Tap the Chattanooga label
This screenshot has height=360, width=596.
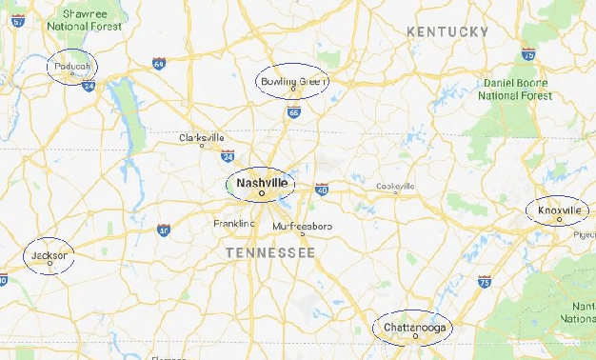point(413,327)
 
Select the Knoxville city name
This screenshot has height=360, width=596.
point(558,210)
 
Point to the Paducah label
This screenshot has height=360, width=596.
point(72,66)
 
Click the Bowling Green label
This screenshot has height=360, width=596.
point(293,82)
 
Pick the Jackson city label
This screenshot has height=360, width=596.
point(49,255)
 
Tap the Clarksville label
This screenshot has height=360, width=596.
point(202,137)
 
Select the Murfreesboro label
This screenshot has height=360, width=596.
point(302,226)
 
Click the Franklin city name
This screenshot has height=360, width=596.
point(233,223)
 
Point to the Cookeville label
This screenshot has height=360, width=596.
point(395,186)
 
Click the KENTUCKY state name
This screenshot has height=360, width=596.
point(447,31)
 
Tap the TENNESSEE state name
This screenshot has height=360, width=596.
point(270,252)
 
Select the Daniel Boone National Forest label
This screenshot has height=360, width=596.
point(515,90)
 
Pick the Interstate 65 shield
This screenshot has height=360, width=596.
point(293,112)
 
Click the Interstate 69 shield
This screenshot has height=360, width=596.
point(158,64)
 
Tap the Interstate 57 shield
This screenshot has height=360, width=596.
point(17,20)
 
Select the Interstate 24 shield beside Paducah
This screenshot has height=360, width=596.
point(89,86)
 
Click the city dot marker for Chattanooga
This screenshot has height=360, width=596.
point(415,336)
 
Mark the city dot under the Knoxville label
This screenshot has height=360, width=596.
point(560,219)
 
